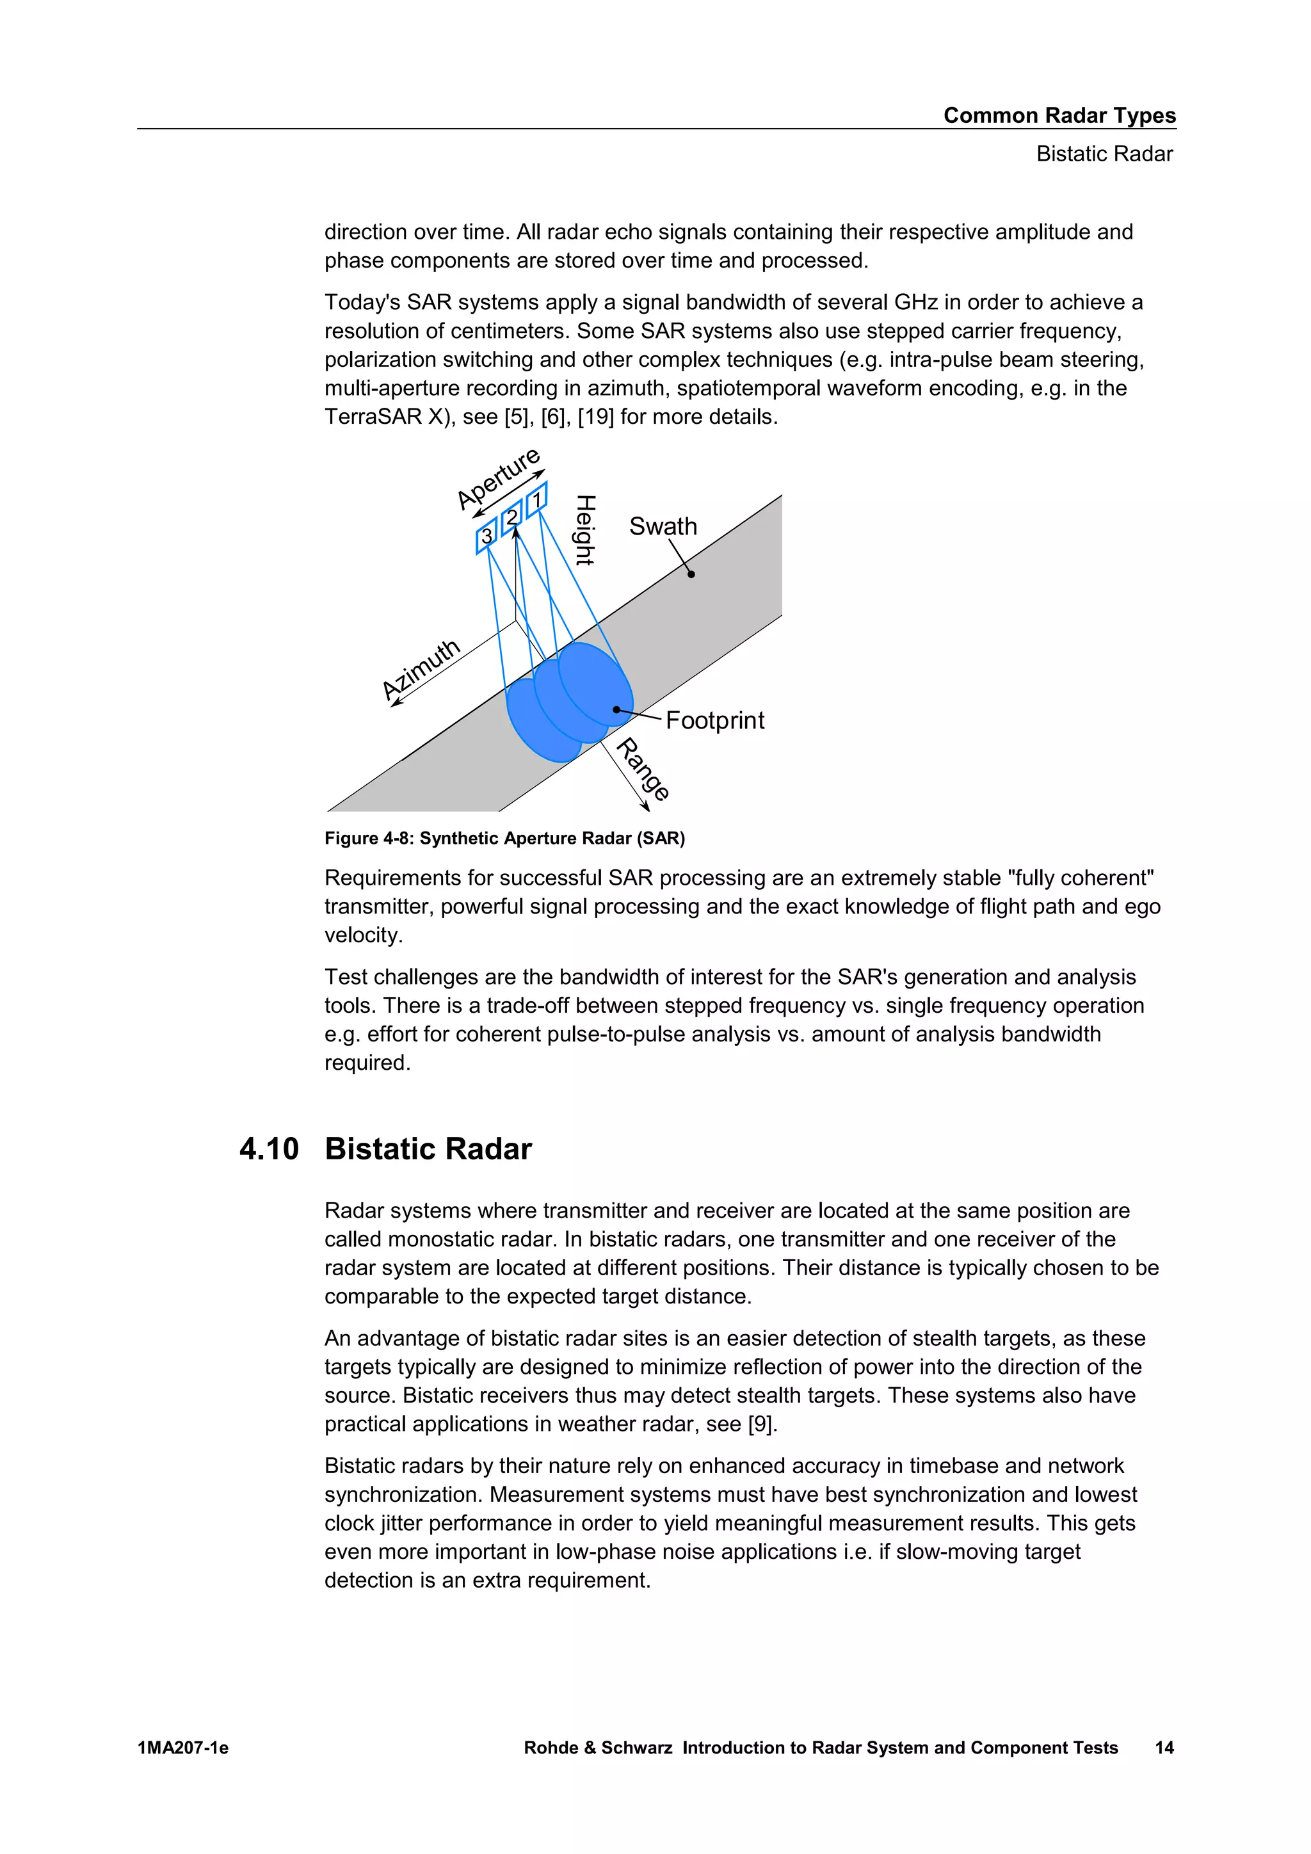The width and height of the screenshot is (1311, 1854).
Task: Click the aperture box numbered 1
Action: click(x=537, y=500)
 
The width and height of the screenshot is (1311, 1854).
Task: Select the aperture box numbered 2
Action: click(x=512, y=518)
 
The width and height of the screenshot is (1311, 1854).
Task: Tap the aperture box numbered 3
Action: click(x=487, y=536)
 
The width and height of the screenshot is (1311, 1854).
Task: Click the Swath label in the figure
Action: click(x=663, y=526)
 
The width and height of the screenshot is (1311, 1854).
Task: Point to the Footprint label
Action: click(x=714, y=720)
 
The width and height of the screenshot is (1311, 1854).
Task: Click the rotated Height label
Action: click(x=584, y=531)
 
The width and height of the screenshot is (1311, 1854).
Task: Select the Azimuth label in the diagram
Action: click(x=421, y=670)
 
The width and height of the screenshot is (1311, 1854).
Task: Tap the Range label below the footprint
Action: click(x=643, y=770)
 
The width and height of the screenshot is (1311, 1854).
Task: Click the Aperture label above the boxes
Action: click(x=498, y=479)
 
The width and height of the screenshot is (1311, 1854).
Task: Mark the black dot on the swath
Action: click(x=691, y=574)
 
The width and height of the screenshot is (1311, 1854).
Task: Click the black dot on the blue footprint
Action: click(x=616, y=710)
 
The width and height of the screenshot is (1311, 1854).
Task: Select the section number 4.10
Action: click(x=269, y=1149)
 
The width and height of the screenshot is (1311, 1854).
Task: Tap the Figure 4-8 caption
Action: click(x=504, y=838)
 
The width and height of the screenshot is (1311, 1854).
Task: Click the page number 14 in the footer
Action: click(x=1164, y=1748)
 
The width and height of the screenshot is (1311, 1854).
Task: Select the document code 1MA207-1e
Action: click(x=183, y=1748)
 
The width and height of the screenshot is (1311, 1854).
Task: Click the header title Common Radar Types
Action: click(x=1059, y=115)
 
